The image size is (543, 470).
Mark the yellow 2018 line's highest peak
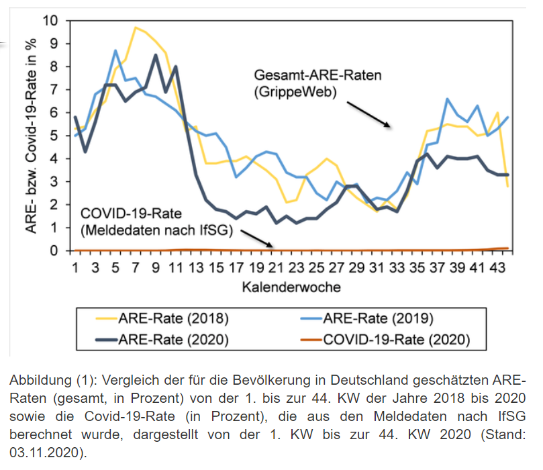pos(136,28)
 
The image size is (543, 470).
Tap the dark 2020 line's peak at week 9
pos(156,55)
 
